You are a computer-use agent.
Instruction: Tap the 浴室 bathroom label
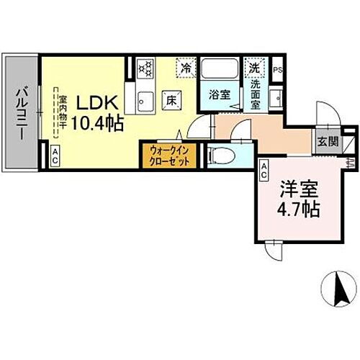pos(219,94)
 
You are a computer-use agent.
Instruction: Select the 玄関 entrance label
pos(328,141)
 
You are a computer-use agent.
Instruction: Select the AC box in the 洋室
pos(264,171)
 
